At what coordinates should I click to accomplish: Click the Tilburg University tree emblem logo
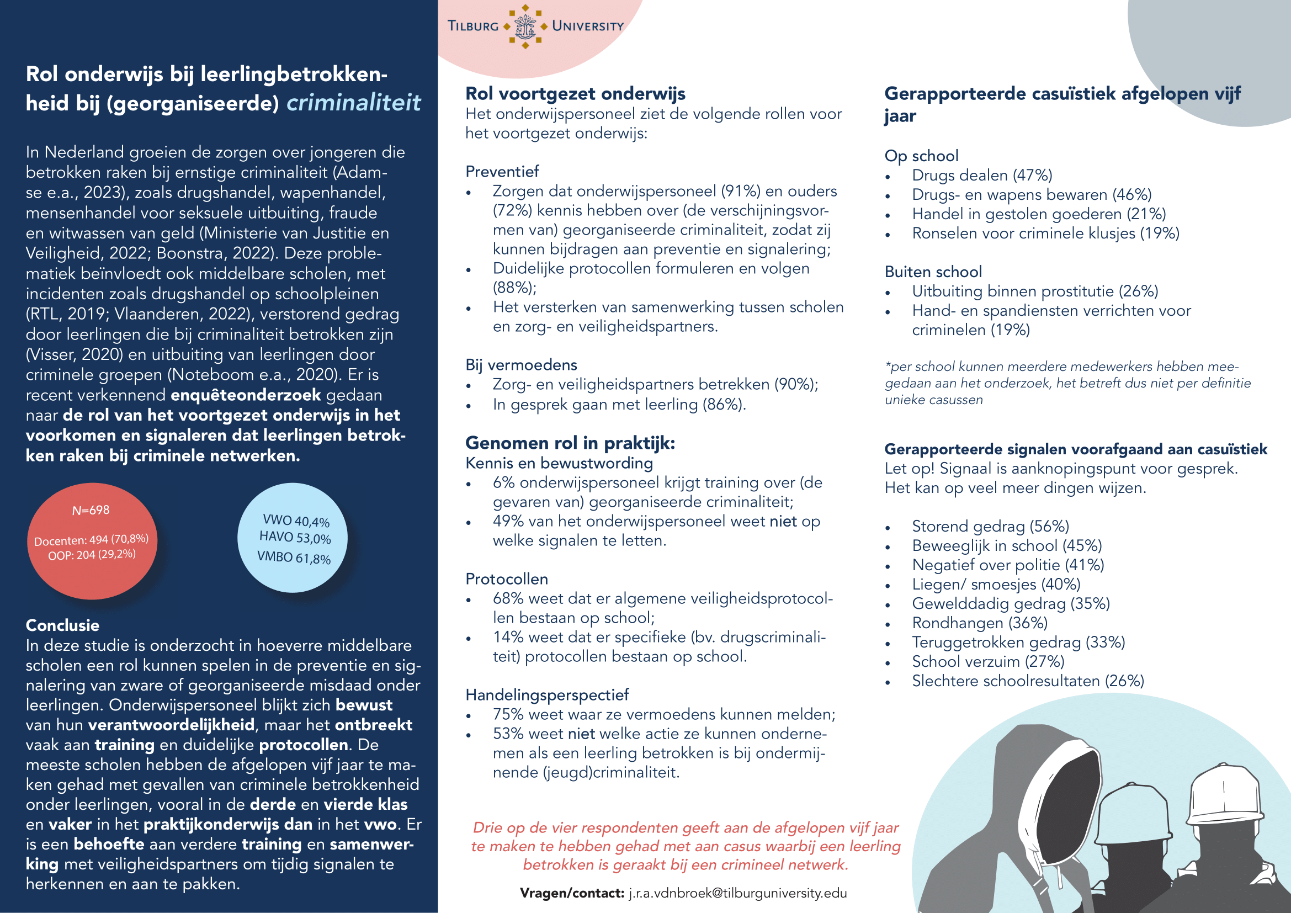pos(525,26)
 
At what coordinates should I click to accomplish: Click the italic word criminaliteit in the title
pos(353,103)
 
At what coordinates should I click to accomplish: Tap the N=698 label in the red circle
pos(91,511)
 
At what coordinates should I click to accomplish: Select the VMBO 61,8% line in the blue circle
pos(294,558)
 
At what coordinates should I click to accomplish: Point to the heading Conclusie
pos(62,625)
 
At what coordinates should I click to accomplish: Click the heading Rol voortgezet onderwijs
pos(575,93)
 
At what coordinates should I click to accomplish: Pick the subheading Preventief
pos(502,172)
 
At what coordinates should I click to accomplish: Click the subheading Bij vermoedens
pos(520,365)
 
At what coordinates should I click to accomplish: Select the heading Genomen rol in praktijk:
pos(570,443)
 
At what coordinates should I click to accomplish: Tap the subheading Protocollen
pos(506,579)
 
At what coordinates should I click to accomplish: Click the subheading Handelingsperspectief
pos(546,695)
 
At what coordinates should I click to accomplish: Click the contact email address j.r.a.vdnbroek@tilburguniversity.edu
pos(737,893)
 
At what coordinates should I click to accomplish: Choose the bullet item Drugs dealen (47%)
pos(981,176)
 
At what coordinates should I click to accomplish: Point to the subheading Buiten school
pos(933,272)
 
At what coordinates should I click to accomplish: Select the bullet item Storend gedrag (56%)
pos(990,526)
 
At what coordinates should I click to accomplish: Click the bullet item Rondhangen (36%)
pos(979,623)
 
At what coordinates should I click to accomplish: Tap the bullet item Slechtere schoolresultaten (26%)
pos(1027,681)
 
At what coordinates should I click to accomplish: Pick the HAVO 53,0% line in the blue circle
pos(295,538)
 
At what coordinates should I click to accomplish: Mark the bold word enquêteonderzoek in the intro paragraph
pos(245,395)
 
